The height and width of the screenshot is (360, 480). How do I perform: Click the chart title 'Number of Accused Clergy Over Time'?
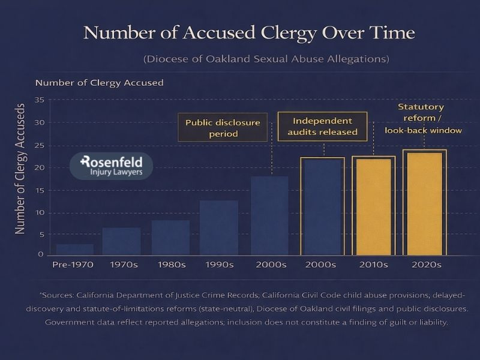249,32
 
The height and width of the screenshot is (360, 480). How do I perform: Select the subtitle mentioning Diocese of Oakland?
266,59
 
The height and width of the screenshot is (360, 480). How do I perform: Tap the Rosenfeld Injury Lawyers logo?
111,167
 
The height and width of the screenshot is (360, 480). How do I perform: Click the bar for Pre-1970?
74,249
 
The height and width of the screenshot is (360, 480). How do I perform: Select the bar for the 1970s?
121,241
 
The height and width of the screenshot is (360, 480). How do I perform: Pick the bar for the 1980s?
170,238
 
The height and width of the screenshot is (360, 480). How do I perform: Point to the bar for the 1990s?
218,227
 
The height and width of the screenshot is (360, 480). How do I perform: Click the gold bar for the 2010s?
373,206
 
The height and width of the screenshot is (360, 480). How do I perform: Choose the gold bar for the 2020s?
424,203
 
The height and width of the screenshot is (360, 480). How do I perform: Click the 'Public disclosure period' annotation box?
223,128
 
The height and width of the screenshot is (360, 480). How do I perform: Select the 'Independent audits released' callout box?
322,126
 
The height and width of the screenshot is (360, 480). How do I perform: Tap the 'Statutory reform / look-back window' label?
422,118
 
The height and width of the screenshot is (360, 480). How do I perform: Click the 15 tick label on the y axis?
40,190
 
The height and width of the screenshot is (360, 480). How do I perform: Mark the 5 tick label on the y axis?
41,235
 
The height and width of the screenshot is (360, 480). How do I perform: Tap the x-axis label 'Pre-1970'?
73,264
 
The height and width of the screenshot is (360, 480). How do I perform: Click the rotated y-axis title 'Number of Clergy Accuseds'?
20,168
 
